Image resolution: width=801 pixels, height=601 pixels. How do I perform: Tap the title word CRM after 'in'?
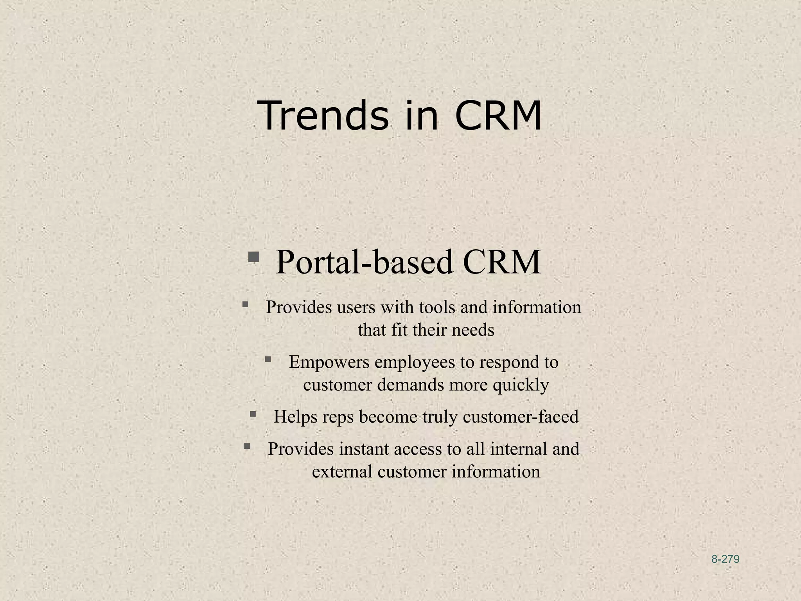pos(498,116)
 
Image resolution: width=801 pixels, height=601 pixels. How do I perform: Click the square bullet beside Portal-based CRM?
pos(253,257)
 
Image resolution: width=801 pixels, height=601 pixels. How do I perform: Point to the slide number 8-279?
pos(725,559)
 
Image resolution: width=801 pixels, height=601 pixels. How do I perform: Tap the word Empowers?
pos(329,362)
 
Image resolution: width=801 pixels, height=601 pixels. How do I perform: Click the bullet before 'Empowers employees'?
pos(268,359)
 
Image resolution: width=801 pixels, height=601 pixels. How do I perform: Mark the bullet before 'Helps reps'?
pos(253,414)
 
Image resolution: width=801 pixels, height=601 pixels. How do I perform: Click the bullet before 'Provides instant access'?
pos(247,446)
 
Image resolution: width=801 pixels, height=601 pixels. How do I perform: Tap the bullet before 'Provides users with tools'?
pos(245,304)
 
